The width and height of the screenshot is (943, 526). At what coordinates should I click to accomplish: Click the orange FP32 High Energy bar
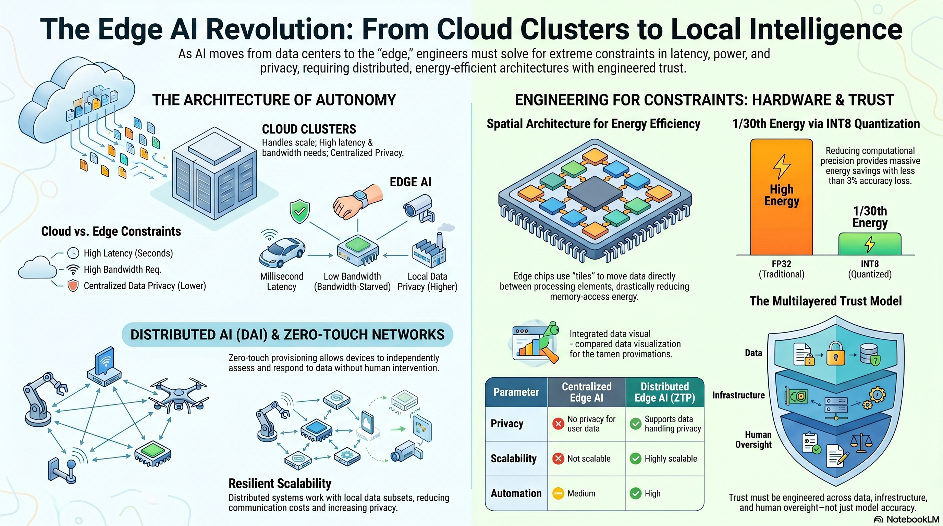[781, 198]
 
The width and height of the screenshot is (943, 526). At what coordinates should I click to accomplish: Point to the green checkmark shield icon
[300, 211]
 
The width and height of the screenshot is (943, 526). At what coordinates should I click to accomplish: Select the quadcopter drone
[179, 396]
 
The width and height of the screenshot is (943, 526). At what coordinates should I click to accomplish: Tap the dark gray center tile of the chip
[595, 193]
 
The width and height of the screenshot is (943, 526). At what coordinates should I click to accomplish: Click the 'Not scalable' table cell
[586, 458]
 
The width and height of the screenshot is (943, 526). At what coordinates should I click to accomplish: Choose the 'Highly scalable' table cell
[665, 458]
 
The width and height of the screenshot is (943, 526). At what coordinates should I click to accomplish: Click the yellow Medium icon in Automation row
[558, 493]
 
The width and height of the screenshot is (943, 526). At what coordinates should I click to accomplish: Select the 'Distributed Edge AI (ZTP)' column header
[664, 392]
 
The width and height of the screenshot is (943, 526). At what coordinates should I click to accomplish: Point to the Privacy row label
[507, 424]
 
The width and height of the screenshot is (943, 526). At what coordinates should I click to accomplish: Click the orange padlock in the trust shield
[836, 353]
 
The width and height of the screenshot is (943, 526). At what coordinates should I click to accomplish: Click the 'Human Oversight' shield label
[754, 439]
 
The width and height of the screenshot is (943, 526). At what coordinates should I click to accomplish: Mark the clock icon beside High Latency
[73, 253]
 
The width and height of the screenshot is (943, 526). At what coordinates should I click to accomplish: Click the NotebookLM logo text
[913, 519]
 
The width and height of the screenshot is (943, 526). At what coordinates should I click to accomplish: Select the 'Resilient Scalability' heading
[280, 483]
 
